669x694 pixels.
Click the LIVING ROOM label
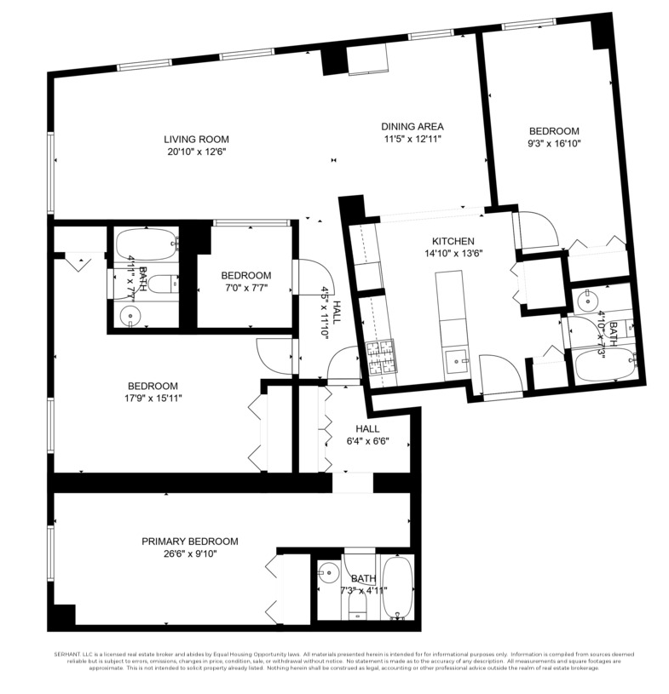pyautogui.click(x=196, y=139)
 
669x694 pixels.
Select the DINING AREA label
pyautogui.click(x=412, y=126)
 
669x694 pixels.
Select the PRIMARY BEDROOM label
pyautogui.click(x=189, y=541)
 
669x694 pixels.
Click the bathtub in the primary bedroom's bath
pyautogui.click(x=397, y=588)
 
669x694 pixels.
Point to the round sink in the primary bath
pyautogui.click(x=327, y=574)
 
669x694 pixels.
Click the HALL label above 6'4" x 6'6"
pyautogui.click(x=368, y=429)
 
